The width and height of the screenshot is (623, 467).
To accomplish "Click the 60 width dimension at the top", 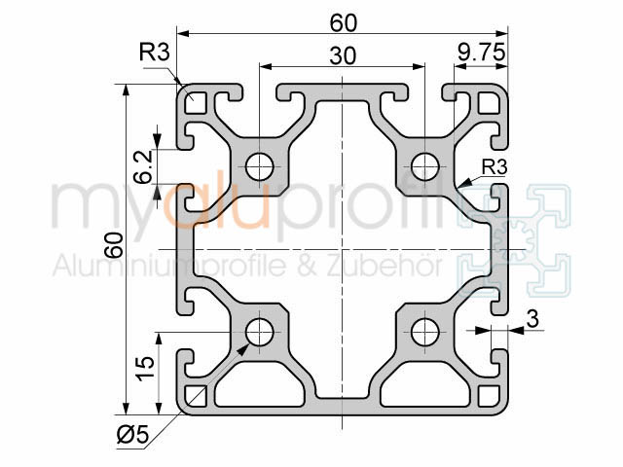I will pos(343,19).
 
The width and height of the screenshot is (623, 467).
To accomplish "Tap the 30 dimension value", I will pos(342,56).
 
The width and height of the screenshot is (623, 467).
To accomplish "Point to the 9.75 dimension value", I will pos(479,56).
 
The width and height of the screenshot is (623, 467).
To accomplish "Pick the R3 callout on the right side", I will pos(495,166).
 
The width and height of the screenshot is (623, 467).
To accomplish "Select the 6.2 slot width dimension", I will pos(143,167).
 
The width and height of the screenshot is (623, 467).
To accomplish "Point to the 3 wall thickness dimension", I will pos(531,317).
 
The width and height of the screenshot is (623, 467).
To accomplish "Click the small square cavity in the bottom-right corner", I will pos(490,395).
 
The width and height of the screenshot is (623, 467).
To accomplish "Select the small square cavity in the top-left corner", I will pos(195,100).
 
